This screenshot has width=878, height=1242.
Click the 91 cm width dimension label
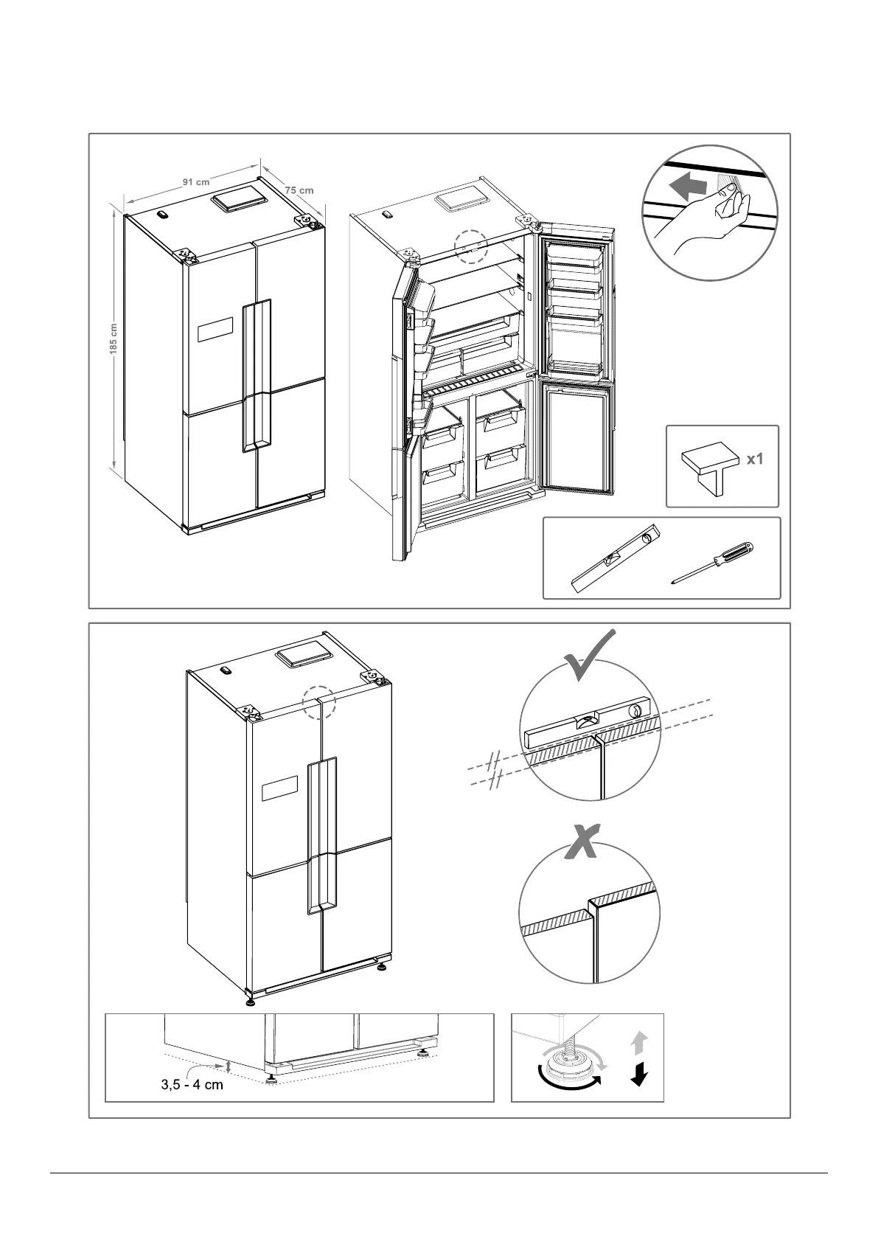pos(196,181)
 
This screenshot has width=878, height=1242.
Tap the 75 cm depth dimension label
pos(299,190)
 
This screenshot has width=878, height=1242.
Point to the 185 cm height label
pos(114,341)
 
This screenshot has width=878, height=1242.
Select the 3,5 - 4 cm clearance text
pos(192,1085)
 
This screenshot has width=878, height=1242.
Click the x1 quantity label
pos(755,459)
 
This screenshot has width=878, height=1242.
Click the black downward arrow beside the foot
pos(639,1075)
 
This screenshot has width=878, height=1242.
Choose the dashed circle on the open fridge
pos(472,246)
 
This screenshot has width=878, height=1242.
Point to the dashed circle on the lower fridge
pos(319,703)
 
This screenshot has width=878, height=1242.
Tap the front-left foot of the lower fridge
pos(251,1001)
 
